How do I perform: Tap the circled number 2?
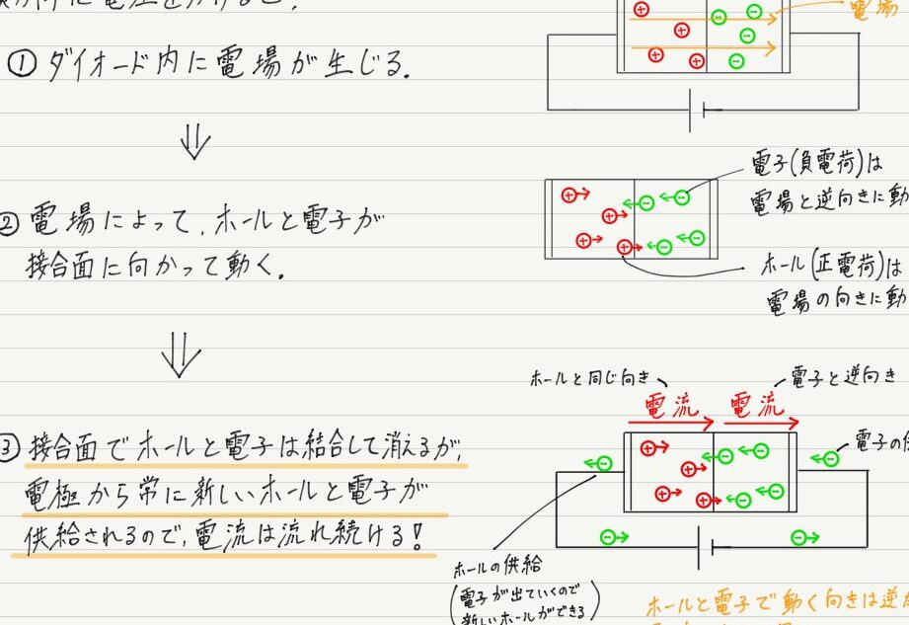(11, 224)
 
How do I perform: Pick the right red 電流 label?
(757, 406)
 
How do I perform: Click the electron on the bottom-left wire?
(613, 538)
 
